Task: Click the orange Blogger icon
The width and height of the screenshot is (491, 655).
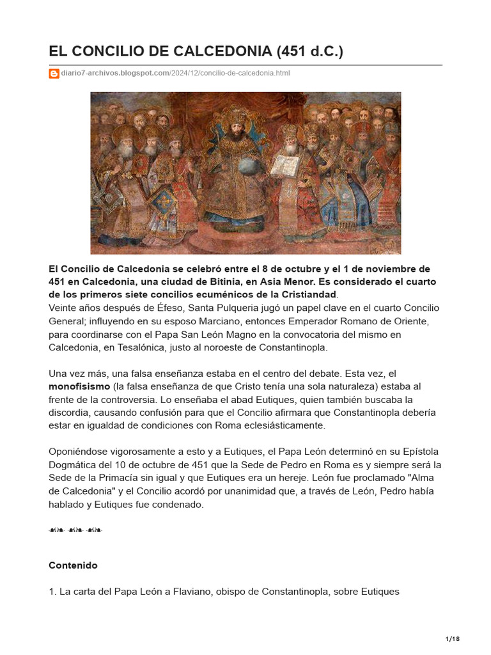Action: coord(54,74)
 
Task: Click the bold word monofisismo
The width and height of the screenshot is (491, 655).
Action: coord(79,386)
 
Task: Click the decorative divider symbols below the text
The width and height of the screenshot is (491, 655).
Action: coord(75,530)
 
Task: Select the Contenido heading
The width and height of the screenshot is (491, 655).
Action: coord(73,565)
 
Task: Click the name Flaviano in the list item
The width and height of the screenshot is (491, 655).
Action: coord(190,592)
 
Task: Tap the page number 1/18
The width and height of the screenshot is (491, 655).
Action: coord(452,639)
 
